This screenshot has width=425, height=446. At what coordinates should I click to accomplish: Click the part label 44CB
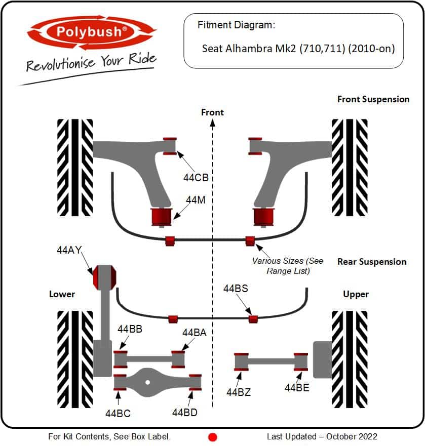(x=196, y=178)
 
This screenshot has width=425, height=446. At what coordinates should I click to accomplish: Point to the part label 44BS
(x=236, y=289)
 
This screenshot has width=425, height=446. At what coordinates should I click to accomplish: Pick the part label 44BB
(x=130, y=329)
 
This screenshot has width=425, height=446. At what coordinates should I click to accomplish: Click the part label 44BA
(x=195, y=333)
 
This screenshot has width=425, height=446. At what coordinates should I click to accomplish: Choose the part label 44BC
(x=118, y=414)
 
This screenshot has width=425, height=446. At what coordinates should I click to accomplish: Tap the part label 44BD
(x=184, y=413)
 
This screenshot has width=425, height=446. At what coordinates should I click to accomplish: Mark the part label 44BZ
(x=239, y=392)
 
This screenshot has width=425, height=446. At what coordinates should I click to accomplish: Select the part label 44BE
(x=297, y=388)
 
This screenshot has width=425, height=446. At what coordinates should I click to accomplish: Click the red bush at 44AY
(x=104, y=277)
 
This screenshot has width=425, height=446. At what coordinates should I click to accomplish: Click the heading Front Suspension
(x=373, y=99)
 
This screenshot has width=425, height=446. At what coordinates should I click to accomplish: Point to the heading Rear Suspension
(x=372, y=262)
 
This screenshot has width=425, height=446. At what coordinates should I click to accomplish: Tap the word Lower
(x=62, y=294)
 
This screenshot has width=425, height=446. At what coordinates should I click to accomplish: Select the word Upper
(x=356, y=294)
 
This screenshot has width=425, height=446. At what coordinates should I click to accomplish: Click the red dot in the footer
(x=213, y=437)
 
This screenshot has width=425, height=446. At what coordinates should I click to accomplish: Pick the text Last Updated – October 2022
(x=322, y=436)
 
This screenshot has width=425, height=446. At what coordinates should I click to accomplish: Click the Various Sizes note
(x=288, y=266)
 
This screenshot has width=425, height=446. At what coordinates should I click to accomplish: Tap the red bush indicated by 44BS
(x=253, y=319)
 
